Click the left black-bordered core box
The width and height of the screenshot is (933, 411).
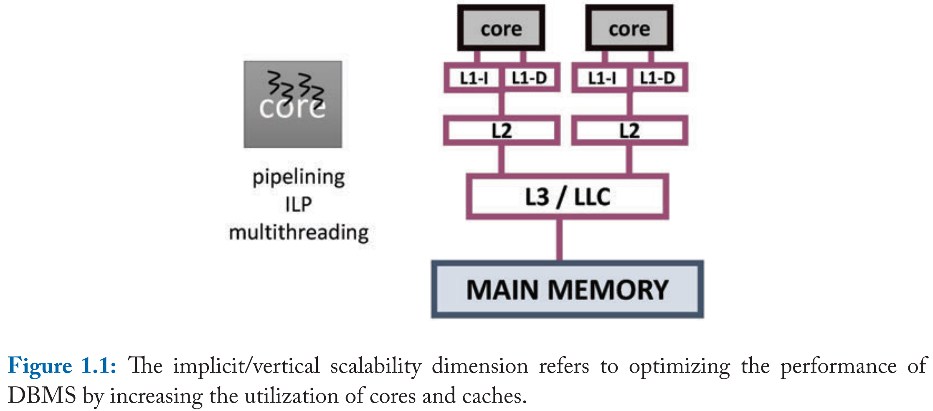501,28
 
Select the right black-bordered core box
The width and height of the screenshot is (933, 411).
629,28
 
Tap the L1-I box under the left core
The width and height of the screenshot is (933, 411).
474,78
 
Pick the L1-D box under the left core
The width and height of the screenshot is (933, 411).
530,78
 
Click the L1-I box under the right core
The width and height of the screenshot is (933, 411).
602,78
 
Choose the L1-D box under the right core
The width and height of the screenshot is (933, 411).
657,78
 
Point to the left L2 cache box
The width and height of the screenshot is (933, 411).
501,130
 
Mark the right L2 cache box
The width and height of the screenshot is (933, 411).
629,130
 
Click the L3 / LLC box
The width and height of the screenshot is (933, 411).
567,197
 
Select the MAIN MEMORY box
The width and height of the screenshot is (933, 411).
567,289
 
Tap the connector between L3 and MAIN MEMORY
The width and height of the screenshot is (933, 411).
559,240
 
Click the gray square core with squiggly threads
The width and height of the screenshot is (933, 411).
292,105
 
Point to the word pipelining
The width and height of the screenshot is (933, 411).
299,178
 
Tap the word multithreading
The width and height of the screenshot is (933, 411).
299,232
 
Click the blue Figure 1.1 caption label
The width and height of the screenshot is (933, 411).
62,366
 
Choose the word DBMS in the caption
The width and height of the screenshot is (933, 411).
42,396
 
